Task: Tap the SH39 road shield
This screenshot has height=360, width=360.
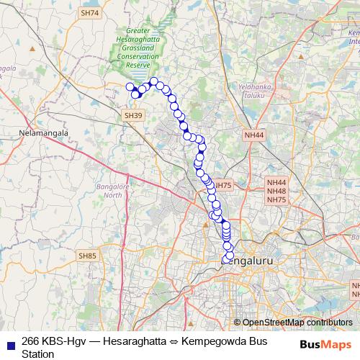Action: [x=131, y=115]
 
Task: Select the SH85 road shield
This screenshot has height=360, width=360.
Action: [x=87, y=256]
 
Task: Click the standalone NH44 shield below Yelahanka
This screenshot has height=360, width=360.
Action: [x=253, y=135]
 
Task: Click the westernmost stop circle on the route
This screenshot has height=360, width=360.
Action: [x=130, y=87]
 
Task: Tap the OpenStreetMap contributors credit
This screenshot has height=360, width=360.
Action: [x=297, y=323]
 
